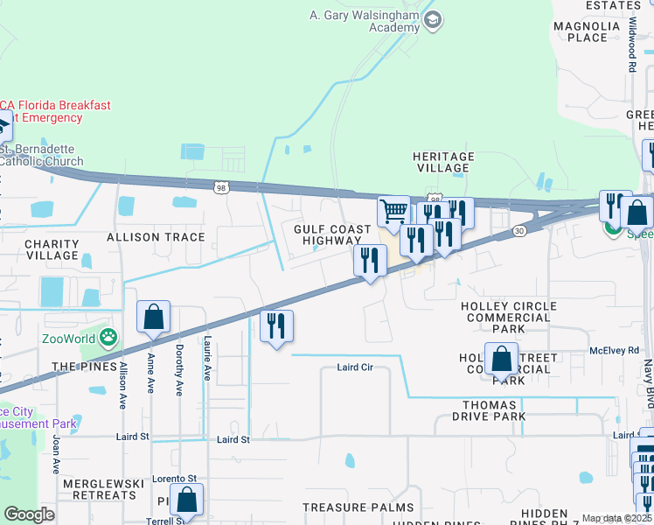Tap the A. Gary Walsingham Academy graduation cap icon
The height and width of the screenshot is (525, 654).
[432, 19]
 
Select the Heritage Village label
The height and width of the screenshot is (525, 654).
[443, 163]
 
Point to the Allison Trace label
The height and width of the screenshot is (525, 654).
[156, 237]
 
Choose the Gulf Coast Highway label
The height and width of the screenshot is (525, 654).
[326, 234]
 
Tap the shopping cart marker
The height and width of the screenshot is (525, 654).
[393, 211]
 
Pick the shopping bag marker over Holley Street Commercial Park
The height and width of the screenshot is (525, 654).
[502, 359]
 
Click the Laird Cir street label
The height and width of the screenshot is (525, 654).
[355, 367]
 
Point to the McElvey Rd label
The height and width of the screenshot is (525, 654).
[614, 350]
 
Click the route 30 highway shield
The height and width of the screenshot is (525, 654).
[519, 230]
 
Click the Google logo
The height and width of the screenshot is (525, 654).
[29, 514]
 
